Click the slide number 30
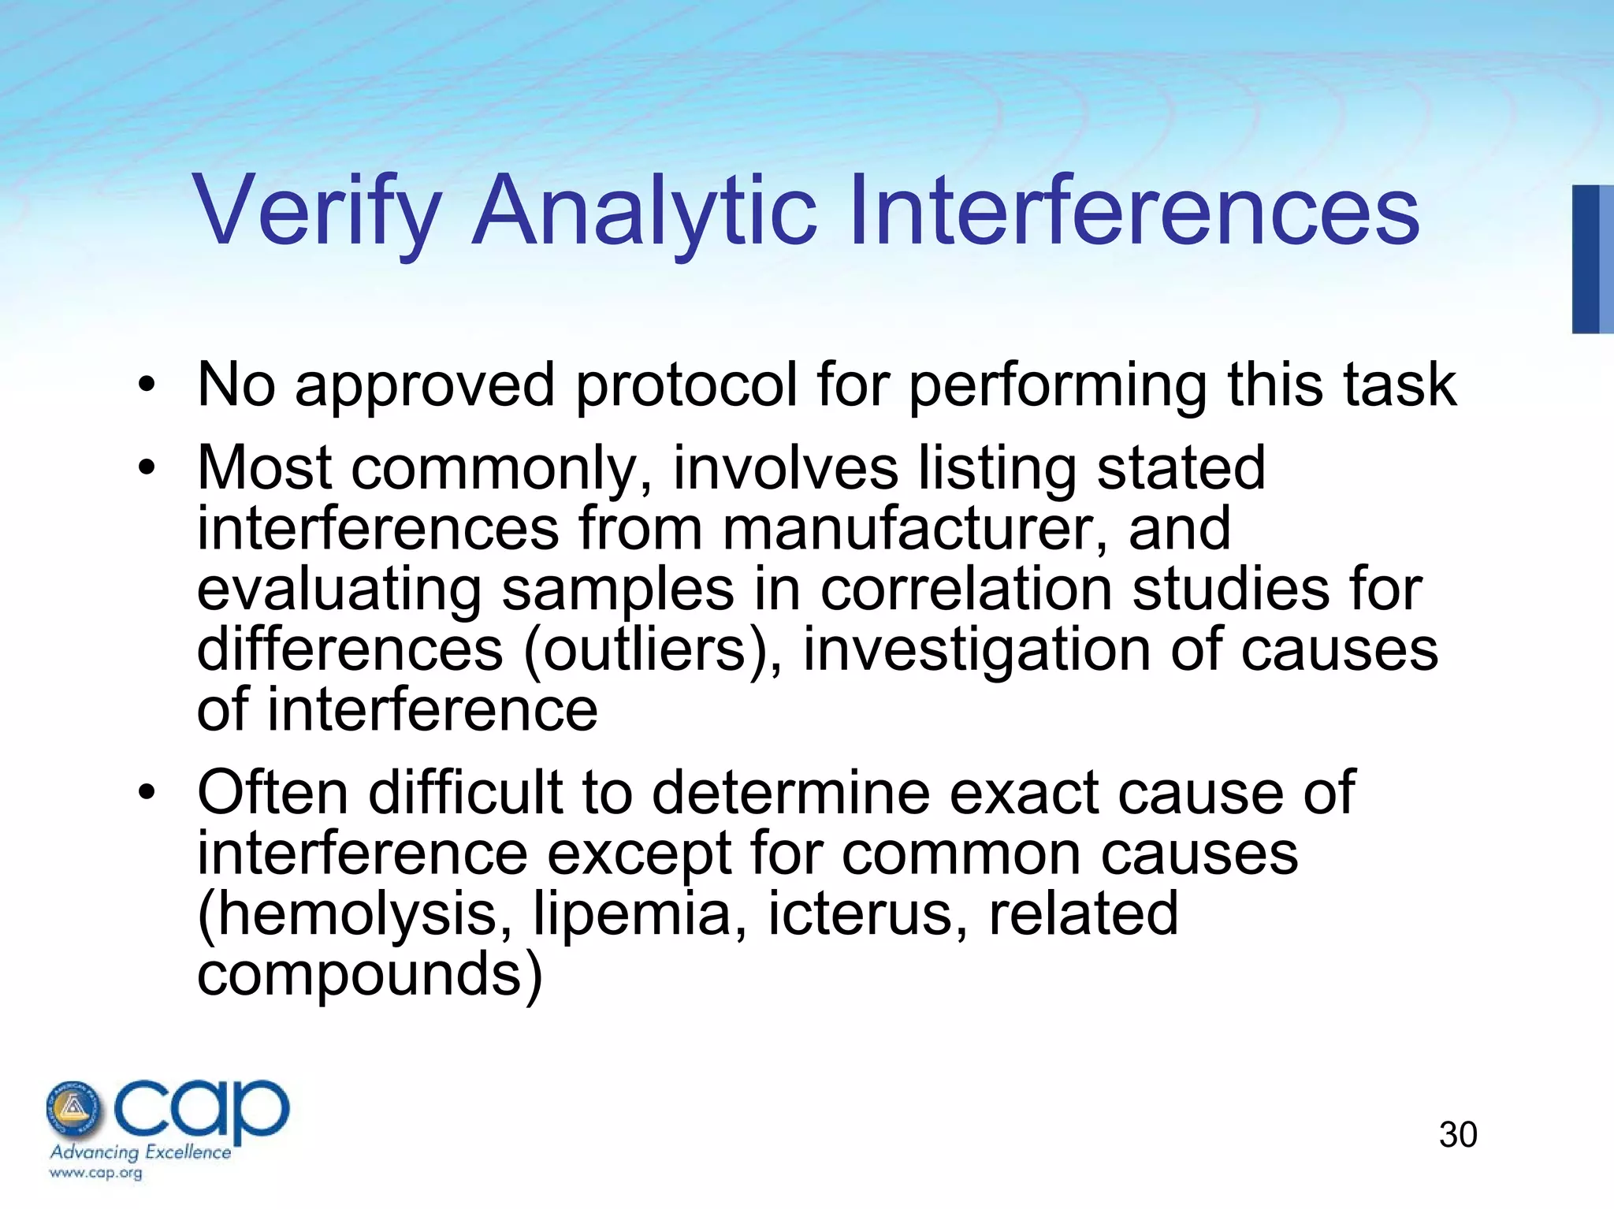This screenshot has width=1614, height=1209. pos(1457,1135)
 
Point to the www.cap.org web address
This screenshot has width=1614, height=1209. pos(95,1173)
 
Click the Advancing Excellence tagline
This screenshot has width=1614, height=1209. pos(140,1152)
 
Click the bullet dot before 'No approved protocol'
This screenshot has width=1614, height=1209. pos(147,385)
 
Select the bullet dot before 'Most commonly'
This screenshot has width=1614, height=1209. pos(147,468)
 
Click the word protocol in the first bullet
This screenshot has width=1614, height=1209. pos(686,385)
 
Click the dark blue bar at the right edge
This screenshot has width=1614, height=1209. pos(1586,259)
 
